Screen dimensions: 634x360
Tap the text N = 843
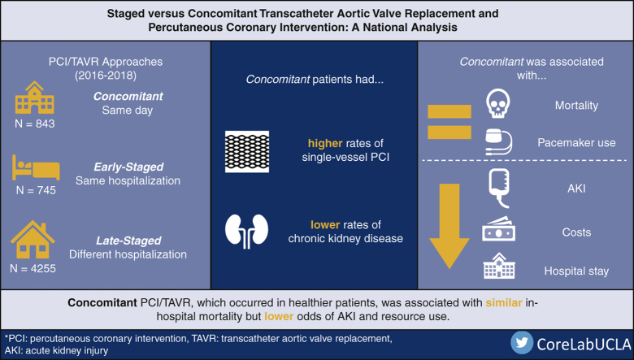pos(35,132)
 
